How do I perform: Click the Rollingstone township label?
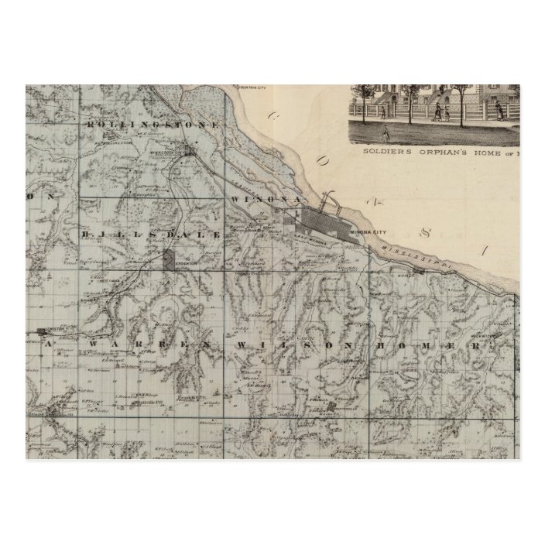155,122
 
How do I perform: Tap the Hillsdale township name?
156,233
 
